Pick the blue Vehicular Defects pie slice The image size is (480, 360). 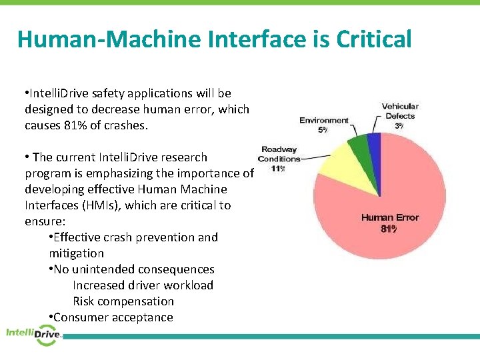click(x=374, y=141)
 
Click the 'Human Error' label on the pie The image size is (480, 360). click(x=389, y=217)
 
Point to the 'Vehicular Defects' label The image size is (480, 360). click(x=400, y=111)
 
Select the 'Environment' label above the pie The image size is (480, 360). click(x=324, y=120)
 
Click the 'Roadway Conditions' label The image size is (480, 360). click(x=279, y=154)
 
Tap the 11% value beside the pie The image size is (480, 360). click(x=279, y=168)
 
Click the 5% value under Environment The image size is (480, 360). click(x=323, y=129)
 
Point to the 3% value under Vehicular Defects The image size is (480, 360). click(x=399, y=125)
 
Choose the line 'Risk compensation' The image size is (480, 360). click(x=123, y=301)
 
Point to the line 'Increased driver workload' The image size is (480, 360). click(x=143, y=285)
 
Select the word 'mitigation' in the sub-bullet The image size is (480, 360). click(x=77, y=253)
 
